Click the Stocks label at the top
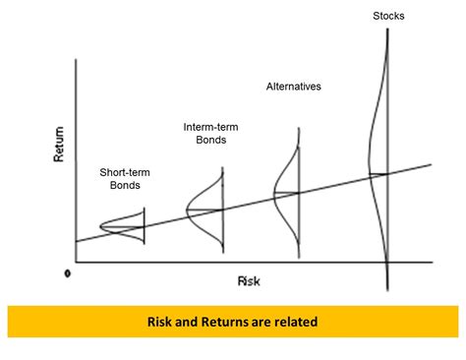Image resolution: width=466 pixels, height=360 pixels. (388, 16)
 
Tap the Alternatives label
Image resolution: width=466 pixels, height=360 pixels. (294, 87)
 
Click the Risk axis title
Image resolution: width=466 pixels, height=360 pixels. (248, 280)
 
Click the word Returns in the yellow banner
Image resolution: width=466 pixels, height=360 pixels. (222, 322)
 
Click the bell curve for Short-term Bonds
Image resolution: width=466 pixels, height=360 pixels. (123, 228)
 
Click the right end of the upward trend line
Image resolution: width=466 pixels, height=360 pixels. (431, 164)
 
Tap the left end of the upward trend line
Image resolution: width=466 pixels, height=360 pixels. (76, 241)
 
